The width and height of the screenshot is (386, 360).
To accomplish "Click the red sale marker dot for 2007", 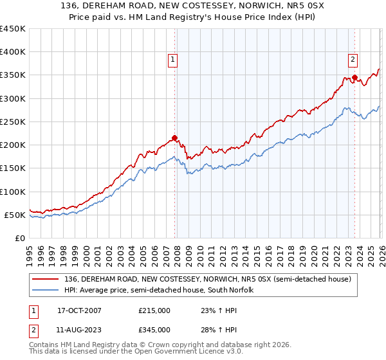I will pyautogui.click(x=174, y=138).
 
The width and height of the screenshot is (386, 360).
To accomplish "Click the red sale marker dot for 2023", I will pyautogui.click(x=354, y=78).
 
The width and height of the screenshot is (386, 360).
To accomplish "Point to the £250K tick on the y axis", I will pyautogui.click(x=13, y=122).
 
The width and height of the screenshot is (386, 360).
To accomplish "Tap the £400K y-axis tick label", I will pyautogui.click(x=13, y=52).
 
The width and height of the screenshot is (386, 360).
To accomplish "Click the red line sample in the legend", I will pyautogui.click(x=46, y=280).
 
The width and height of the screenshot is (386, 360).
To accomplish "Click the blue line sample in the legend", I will pyautogui.click(x=46, y=291).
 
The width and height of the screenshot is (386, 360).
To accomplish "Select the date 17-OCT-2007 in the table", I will pyautogui.click(x=80, y=310).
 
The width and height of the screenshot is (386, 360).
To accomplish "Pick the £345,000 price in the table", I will pyautogui.click(x=154, y=329).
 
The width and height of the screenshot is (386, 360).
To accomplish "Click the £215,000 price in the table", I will pyautogui.click(x=154, y=310).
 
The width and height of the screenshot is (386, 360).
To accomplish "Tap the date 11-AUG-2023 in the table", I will pyautogui.click(x=80, y=329).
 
